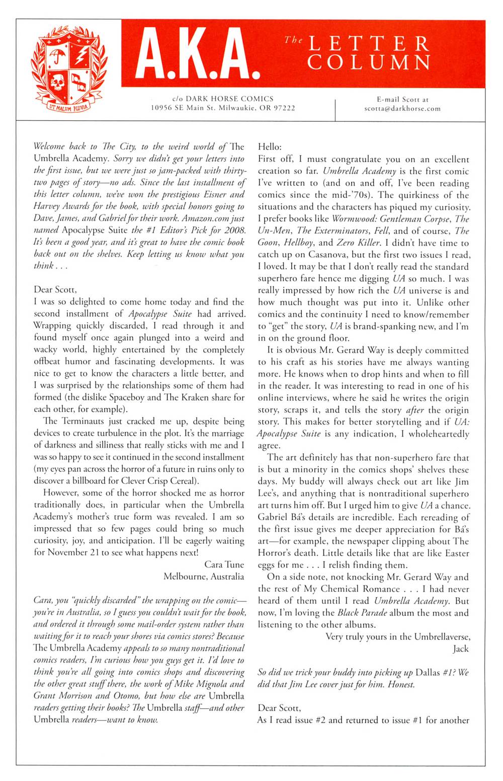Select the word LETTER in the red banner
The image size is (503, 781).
370,44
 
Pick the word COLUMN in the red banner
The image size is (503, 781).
370,62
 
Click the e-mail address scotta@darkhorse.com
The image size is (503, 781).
402,108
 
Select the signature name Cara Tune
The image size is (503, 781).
224,564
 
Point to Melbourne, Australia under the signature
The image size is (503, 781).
204,577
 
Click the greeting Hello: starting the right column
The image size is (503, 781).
270,147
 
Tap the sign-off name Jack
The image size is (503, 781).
460,649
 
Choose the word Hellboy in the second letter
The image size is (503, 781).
300,243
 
